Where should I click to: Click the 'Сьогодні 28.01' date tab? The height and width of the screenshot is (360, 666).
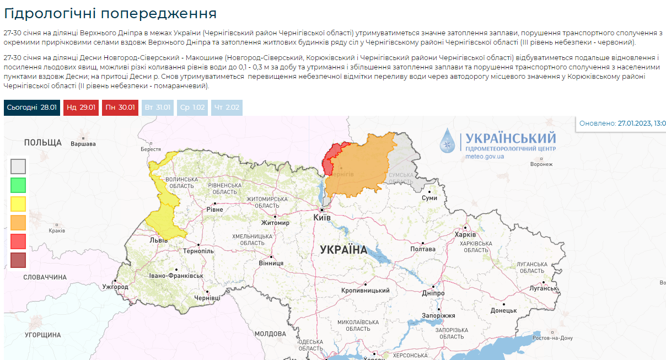click(31, 108)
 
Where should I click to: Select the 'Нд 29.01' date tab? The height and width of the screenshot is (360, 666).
click(81, 108)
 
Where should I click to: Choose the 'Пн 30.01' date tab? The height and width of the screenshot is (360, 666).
click(119, 108)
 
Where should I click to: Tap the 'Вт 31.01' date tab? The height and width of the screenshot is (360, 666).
click(157, 108)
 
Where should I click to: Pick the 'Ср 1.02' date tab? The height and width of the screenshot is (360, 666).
click(192, 108)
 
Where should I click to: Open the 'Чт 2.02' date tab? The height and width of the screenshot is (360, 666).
click(227, 108)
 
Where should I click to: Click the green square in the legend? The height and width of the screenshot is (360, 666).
click(18, 185)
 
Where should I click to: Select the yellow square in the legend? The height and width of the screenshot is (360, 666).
click(18, 203)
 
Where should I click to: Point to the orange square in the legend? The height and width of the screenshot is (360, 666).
click(18, 222)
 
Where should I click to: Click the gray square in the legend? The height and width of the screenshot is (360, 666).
click(18, 166)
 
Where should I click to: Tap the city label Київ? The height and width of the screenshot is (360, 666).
click(321, 218)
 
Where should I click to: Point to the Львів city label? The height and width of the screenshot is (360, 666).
click(159, 240)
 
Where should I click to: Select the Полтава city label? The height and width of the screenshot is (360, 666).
click(423, 249)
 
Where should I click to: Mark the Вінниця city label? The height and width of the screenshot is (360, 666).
click(271, 264)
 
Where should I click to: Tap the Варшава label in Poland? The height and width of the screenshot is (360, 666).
click(83, 144)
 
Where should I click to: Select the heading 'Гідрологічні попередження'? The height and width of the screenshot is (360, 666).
click(110, 13)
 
